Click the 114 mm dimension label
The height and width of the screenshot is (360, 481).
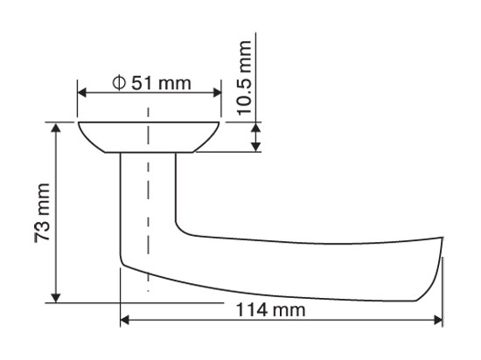(x=270, y=309)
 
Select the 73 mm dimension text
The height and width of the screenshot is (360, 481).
(x=42, y=213)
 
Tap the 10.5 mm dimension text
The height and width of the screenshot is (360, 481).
(x=245, y=78)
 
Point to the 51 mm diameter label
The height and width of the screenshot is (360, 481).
(x=151, y=83)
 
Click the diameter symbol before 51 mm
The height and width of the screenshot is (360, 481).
(x=119, y=83)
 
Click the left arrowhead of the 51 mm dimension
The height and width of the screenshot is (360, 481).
(x=81, y=93)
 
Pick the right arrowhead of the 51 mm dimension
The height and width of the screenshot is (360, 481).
(x=217, y=93)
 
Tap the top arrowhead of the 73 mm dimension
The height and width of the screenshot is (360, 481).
(x=55, y=128)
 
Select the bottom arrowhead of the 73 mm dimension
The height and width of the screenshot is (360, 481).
(x=55, y=298)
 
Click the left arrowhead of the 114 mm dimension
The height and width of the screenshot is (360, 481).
(x=124, y=321)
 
